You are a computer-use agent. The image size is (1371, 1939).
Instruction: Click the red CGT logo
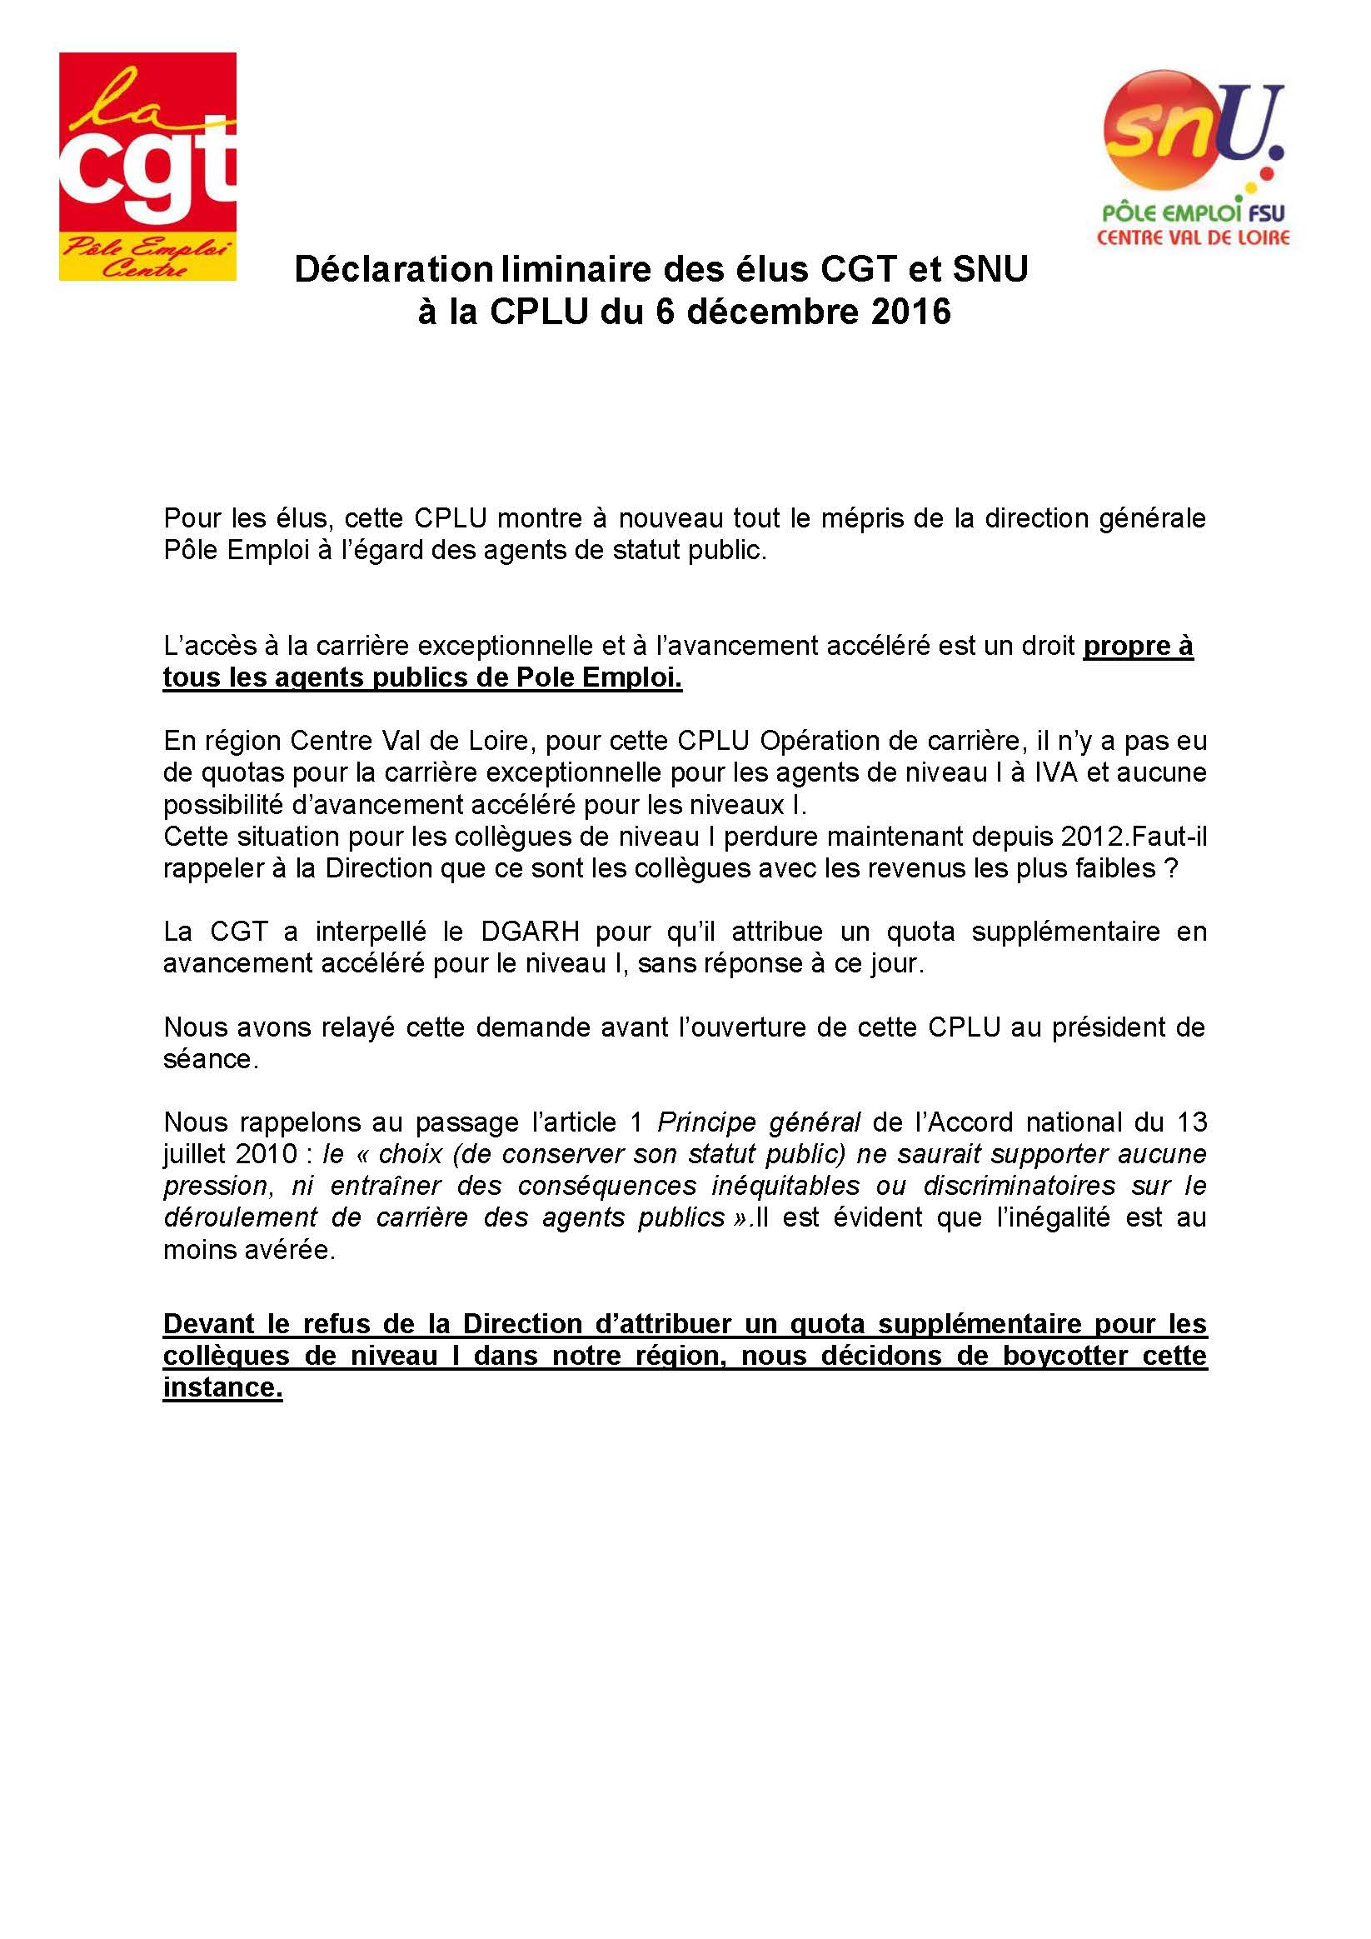[x=147, y=166]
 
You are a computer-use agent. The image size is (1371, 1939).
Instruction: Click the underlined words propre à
[x=1138, y=646]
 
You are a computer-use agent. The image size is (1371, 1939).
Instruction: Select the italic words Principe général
[x=758, y=1122]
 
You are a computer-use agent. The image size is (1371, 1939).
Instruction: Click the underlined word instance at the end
[x=222, y=1387]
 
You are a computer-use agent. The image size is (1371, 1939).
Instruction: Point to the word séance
[x=210, y=1059]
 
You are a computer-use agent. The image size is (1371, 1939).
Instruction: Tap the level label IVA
[x=1056, y=772]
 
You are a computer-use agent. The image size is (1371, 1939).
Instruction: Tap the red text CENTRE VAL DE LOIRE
[x=1193, y=237]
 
